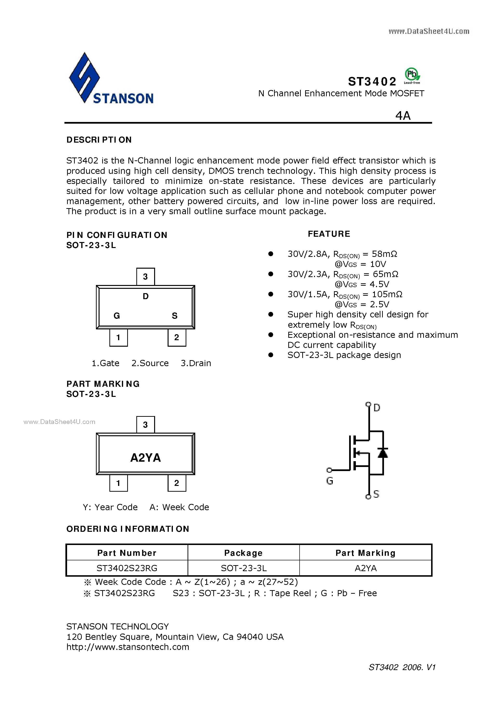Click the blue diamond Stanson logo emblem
point(84,77)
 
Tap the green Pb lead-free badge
point(412,75)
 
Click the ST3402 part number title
point(372,81)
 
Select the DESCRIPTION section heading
point(99,140)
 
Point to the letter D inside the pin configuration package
point(146,296)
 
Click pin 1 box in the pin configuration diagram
point(119,338)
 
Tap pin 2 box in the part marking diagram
point(177,483)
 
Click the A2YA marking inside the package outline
point(145,458)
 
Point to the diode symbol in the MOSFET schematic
point(383,453)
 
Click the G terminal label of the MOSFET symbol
point(329,481)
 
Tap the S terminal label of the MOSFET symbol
point(376,494)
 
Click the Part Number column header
point(127,553)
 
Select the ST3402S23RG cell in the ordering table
point(127,568)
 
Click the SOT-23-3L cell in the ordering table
point(244,568)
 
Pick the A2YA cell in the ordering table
point(366,568)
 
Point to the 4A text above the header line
point(403,115)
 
